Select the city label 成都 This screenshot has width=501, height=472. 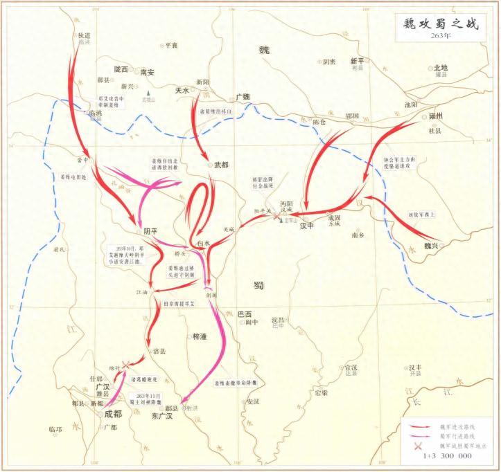pos(113,415)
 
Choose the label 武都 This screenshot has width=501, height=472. pos(222,165)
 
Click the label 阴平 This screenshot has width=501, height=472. pos(150,231)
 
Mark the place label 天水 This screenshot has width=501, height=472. pos(182,91)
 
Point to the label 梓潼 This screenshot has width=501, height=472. pos(199,336)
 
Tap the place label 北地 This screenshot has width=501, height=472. pos(441,68)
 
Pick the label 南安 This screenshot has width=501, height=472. pos(147,71)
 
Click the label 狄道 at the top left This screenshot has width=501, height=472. pos(84,34)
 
